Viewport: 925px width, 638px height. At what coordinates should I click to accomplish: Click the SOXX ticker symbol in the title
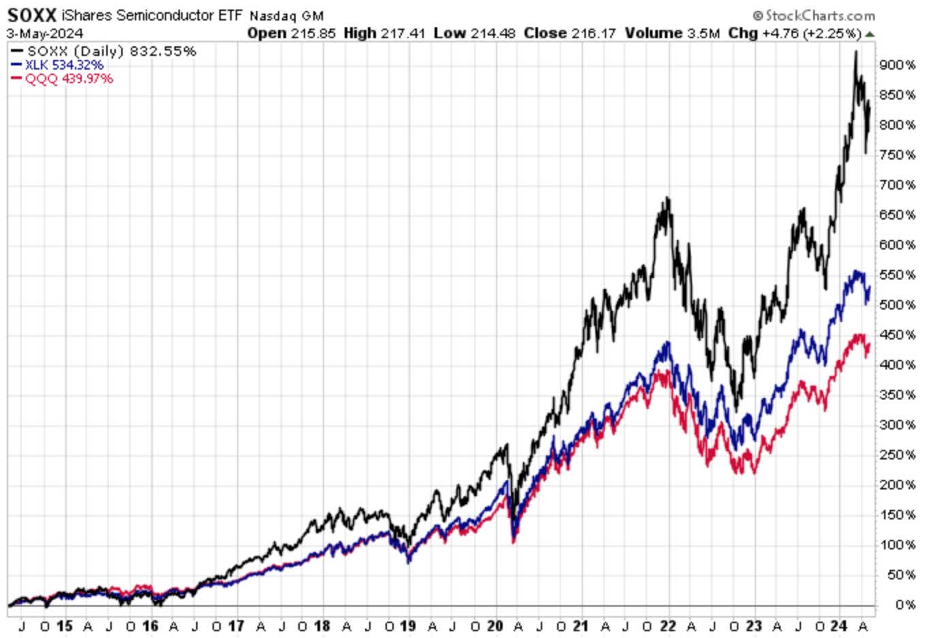(32, 15)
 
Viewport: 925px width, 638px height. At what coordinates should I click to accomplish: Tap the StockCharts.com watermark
(814, 15)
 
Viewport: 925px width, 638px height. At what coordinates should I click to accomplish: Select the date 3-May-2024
(45, 33)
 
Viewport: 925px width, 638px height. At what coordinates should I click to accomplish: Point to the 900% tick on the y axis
(897, 65)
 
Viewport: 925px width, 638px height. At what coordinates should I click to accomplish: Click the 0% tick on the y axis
(905, 605)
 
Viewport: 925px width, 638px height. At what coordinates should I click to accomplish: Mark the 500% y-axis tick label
(897, 305)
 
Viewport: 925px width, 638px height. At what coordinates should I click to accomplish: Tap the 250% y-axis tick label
(897, 455)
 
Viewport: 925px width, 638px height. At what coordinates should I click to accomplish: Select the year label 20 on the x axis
(495, 626)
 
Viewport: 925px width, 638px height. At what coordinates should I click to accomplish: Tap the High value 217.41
(401, 33)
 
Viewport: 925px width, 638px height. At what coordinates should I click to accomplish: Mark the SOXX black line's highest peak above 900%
(856, 52)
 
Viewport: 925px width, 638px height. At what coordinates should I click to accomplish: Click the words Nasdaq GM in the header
(286, 16)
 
